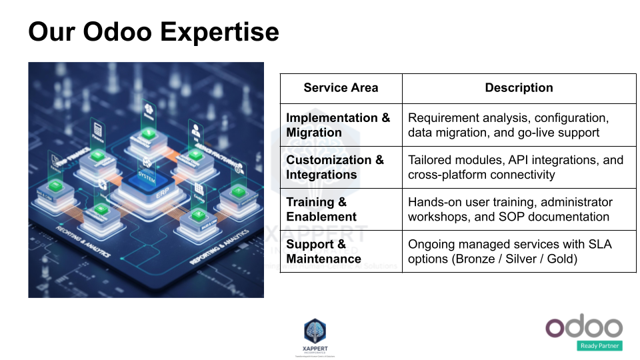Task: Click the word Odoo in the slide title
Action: (x=115, y=31)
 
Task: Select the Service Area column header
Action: (x=341, y=88)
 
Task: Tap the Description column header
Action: (x=519, y=88)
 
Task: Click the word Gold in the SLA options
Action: (x=559, y=259)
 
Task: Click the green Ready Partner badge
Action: (x=599, y=345)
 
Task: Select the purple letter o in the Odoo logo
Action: (x=558, y=327)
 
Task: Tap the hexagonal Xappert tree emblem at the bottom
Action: (x=315, y=331)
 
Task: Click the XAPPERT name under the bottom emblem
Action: (x=315, y=349)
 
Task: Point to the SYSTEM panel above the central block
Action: (x=146, y=179)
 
